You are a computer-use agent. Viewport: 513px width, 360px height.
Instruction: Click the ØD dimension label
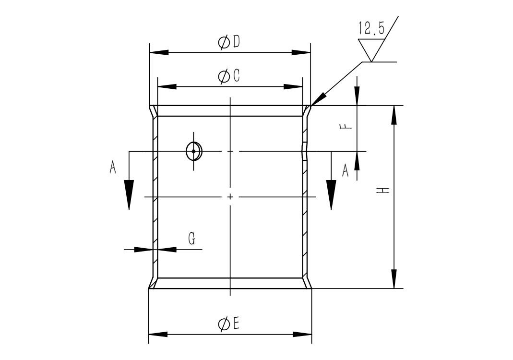(x=229, y=42)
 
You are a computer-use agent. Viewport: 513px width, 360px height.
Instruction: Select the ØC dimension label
(x=229, y=76)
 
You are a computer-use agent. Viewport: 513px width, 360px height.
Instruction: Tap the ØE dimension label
(x=229, y=324)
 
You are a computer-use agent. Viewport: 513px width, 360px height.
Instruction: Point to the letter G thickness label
(x=192, y=239)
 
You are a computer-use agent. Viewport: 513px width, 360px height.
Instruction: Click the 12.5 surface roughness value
(x=371, y=28)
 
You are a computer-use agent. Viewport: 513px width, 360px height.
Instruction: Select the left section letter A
(x=113, y=167)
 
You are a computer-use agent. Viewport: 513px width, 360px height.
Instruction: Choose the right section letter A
(x=345, y=170)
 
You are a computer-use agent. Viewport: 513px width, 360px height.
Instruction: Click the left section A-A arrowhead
(x=129, y=194)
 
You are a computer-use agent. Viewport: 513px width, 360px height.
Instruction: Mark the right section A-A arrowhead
(x=331, y=194)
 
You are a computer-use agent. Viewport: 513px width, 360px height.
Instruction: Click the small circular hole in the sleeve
(x=194, y=151)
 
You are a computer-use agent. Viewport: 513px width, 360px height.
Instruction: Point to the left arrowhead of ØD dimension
(x=159, y=52)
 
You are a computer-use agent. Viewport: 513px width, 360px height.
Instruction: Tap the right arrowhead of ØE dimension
(x=302, y=335)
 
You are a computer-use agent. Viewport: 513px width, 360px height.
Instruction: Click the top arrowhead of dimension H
(x=394, y=115)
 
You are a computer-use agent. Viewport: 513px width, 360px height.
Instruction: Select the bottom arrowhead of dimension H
(x=394, y=279)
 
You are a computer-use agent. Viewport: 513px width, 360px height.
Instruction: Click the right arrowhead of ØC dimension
(x=293, y=87)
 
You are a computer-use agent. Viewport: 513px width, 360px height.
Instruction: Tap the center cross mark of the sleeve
(x=231, y=197)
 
